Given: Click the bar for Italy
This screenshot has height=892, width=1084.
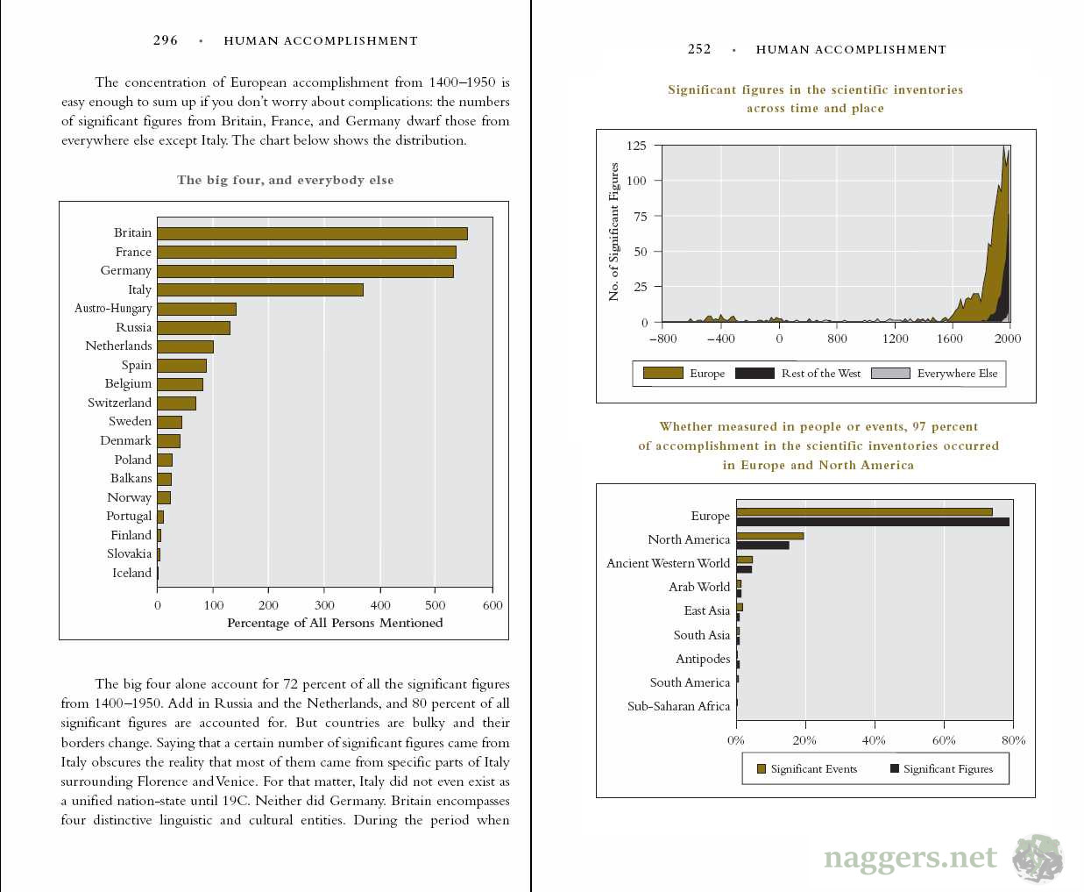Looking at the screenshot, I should (260, 289).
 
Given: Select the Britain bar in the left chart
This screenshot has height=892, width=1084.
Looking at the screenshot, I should (312, 233).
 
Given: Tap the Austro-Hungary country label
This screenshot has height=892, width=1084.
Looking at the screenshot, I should (113, 309).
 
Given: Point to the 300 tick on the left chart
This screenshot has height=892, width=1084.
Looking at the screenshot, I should (324, 605).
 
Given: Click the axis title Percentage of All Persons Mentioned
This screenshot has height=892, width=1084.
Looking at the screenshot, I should (335, 624).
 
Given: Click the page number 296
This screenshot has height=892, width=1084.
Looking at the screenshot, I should (166, 40).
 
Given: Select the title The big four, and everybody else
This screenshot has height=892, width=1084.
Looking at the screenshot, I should (285, 180).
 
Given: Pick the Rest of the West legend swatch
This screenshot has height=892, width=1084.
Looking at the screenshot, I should (755, 373).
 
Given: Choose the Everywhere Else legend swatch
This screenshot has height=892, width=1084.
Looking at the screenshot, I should (890, 373).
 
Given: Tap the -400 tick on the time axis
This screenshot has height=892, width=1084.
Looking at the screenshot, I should (720, 339).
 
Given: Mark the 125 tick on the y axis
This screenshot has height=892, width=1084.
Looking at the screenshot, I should (636, 146).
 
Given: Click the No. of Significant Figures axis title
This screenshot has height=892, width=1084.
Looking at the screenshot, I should (613, 232).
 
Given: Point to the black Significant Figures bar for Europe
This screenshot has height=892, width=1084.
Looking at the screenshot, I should (872, 522).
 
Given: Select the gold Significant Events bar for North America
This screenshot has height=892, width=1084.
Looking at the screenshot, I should (769, 536).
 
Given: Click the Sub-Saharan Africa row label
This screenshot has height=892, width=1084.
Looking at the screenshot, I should (678, 706).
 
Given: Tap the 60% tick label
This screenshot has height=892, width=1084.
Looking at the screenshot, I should (944, 740).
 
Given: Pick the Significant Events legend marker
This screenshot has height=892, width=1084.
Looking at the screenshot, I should (762, 769).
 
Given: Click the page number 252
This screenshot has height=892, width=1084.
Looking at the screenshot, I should (699, 49).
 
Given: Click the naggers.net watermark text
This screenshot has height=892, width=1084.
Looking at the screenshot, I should (910, 857).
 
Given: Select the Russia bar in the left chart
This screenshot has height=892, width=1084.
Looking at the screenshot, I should (194, 327).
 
